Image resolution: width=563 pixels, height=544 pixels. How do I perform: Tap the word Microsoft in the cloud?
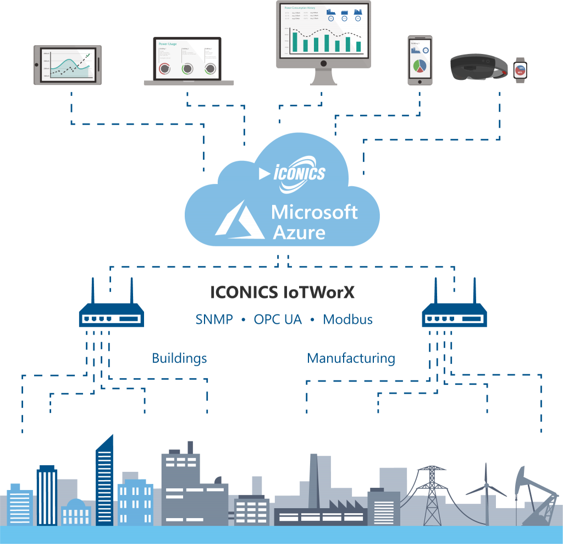(314, 212)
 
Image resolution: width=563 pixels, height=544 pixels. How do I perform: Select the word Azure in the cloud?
(299, 232)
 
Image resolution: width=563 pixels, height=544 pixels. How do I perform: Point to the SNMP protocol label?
(214, 319)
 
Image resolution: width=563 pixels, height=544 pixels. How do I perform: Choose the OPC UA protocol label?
(278, 319)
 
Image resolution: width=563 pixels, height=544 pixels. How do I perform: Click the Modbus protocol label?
(347, 319)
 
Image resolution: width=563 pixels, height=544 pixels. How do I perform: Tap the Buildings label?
(179, 358)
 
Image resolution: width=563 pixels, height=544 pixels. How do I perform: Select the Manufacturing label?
(351, 358)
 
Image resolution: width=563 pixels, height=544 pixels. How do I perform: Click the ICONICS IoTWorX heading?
(282, 292)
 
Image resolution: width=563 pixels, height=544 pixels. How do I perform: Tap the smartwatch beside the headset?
(520, 70)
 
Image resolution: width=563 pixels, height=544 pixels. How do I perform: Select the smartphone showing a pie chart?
(420, 61)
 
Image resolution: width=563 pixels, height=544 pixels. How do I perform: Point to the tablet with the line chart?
(68, 65)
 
